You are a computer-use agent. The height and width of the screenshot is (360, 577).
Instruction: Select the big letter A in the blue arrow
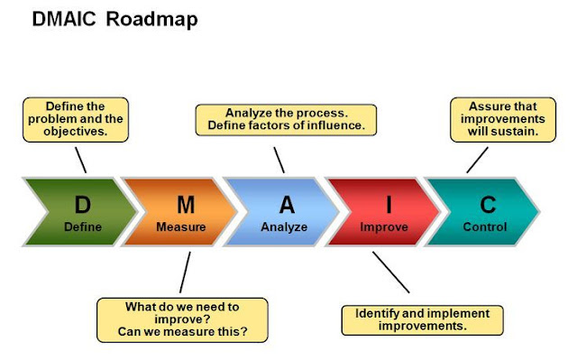286,206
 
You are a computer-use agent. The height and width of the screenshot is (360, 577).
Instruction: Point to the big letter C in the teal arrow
485,206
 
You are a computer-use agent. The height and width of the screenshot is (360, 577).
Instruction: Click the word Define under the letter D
82,226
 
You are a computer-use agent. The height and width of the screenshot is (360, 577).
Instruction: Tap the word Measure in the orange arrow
180,226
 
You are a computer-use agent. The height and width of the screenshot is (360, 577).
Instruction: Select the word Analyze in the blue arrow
285,226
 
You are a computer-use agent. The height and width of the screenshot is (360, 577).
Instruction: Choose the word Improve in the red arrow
384,226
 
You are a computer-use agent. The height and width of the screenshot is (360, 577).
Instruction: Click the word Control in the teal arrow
485,226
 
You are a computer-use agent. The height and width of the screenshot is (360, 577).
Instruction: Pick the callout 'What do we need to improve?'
183,319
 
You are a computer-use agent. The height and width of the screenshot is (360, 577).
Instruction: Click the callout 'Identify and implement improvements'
422,319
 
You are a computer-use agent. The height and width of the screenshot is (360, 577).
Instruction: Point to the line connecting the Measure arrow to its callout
186,272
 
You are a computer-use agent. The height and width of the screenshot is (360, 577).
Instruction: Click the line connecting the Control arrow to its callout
478,160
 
